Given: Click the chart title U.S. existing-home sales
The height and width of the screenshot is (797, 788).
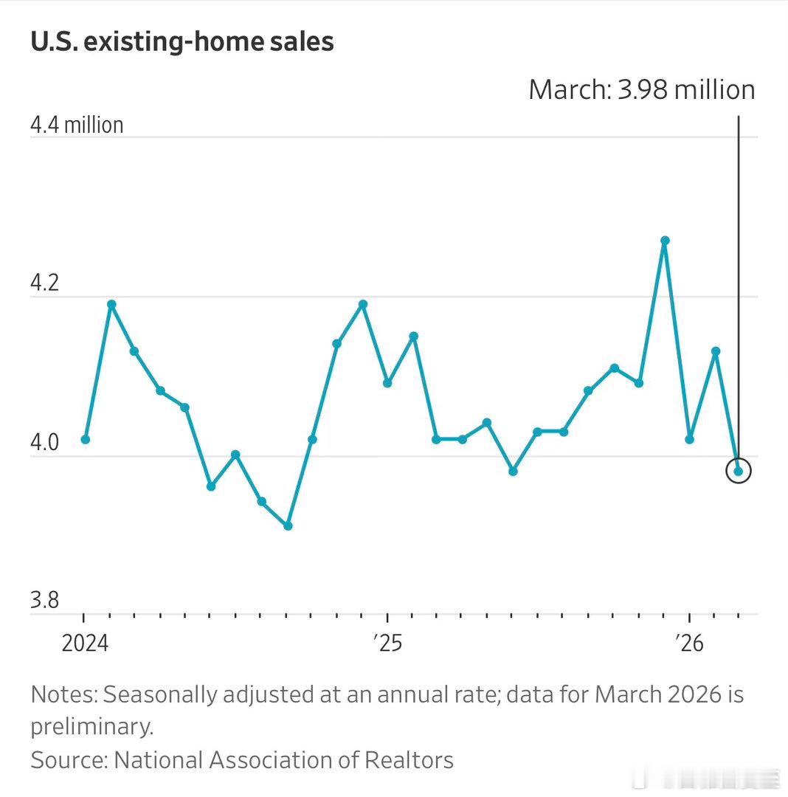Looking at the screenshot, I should point(182,41).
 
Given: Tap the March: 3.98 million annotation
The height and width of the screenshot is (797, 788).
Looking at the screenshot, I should point(641,89).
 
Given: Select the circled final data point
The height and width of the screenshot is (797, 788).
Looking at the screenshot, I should point(738,471).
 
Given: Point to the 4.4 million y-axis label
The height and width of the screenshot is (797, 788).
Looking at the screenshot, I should point(77,125).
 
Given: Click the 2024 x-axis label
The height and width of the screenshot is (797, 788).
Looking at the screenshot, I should point(85,644).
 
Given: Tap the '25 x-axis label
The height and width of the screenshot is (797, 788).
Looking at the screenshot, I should point(387,644).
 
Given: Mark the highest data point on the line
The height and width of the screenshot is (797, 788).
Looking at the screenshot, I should point(665,241).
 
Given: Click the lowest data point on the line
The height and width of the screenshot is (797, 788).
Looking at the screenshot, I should point(288,525).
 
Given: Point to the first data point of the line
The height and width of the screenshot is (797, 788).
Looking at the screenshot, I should point(86,439).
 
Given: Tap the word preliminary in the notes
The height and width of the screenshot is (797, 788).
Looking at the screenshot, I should point(91,727).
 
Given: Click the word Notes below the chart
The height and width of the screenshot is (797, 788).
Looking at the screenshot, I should point(63,694).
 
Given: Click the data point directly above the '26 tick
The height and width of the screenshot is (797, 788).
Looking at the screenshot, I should point(689,439).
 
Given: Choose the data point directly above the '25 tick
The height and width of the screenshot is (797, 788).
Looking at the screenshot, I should point(387,383).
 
